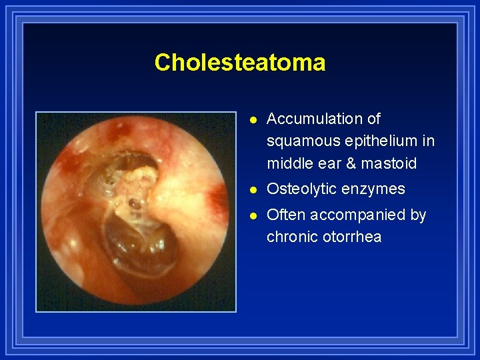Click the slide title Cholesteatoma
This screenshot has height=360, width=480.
240,63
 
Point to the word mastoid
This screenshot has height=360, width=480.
389,163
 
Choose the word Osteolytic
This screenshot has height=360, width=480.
301,189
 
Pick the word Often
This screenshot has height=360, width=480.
285,215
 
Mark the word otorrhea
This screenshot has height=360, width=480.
351,237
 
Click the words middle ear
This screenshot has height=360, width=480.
301,163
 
